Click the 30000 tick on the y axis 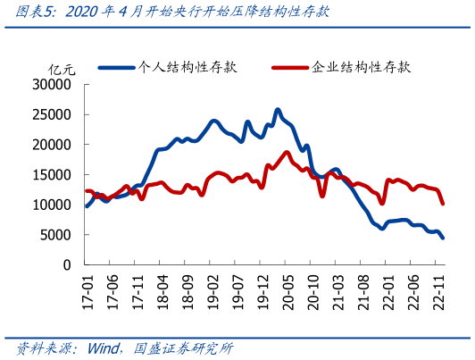tap(53, 85)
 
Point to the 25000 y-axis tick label tap(53, 115)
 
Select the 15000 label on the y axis tap(53, 175)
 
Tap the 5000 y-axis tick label tap(56, 235)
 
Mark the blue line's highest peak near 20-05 tap(278, 110)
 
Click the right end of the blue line tap(443, 238)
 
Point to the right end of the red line tap(443, 204)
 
